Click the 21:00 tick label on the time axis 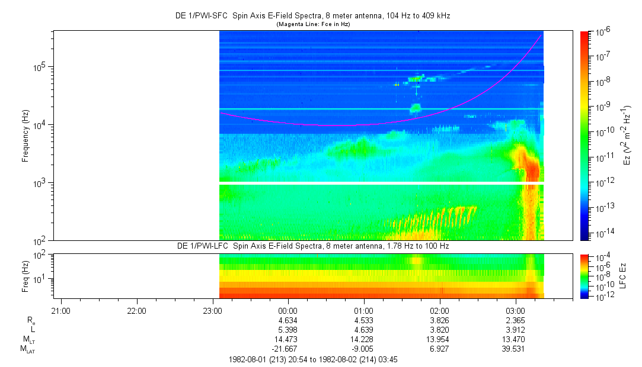61,310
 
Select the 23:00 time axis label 212,310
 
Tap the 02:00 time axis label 439,310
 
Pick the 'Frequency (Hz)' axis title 25,136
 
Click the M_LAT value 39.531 515,350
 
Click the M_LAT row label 28,350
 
